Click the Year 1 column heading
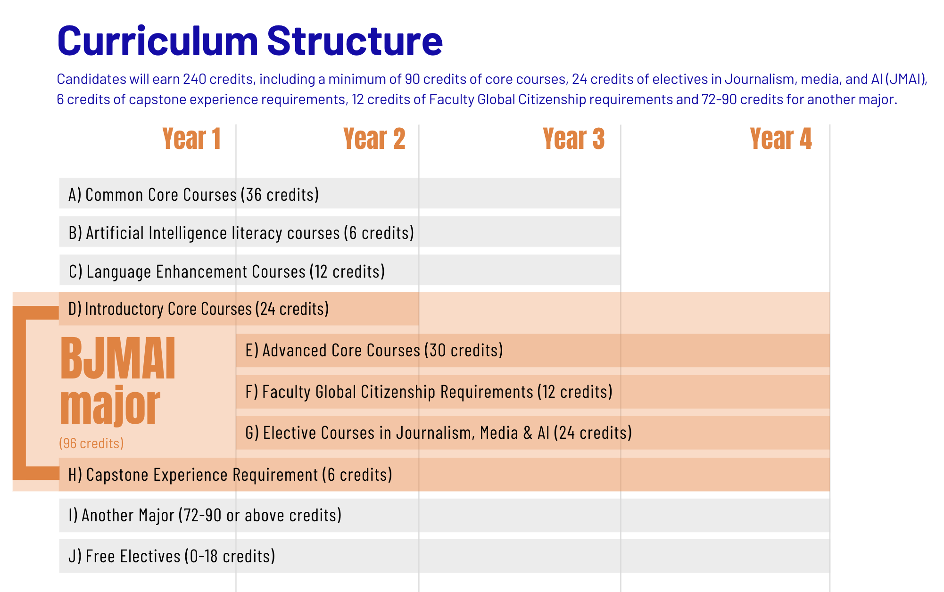[x=191, y=139]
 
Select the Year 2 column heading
[x=374, y=139]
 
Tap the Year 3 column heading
[x=573, y=139]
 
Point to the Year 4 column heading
[x=780, y=139]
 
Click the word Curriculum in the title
[x=157, y=41]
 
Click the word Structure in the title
[x=355, y=41]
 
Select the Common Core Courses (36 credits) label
[x=193, y=194]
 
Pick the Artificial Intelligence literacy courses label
[x=241, y=233]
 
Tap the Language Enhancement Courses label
[x=227, y=271]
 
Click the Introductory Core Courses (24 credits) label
[x=199, y=309]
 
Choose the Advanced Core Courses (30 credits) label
[x=374, y=351]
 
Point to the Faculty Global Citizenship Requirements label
[x=429, y=392]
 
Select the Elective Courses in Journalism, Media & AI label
[x=439, y=433]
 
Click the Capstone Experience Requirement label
[x=230, y=475]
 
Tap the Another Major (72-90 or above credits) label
[x=205, y=515]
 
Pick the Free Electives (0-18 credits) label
[x=172, y=556]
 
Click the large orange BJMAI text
[x=118, y=359]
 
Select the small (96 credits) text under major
[x=91, y=443]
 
